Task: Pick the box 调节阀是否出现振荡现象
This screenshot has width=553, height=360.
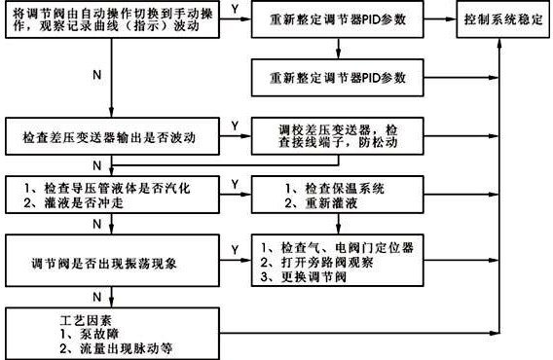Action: [x=112, y=262]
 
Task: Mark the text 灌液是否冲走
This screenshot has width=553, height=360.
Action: [x=73, y=201]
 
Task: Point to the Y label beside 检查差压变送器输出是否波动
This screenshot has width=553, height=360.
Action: [x=235, y=126]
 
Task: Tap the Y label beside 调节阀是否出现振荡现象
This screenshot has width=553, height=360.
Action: [x=235, y=250]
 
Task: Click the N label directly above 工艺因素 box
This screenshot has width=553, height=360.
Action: [x=94, y=296]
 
